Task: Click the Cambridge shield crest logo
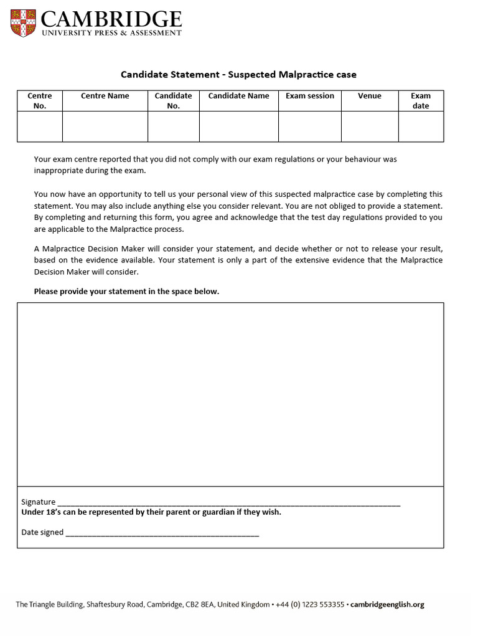(x=23, y=23)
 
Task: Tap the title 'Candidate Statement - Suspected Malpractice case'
(x=238, y=75)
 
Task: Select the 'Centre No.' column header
(x=40, y=101)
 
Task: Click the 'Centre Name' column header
(x=105, y=96)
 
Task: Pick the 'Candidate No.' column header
(x=173, y=101)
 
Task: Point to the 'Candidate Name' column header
(x=238, y=96)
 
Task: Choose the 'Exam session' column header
(x=309, y=96)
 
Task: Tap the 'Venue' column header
(x=370, y=96)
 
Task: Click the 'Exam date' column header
(x=421, y=101)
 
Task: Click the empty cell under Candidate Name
(x=238, y=127)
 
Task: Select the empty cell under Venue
(x=370, y=127)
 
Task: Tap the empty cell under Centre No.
(x=40, y=127)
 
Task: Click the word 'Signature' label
(x=38, y=502)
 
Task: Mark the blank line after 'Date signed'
(x=162, y=533)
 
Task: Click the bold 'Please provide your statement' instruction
(x=126, y=292)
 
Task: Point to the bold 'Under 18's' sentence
(x=151, y=512)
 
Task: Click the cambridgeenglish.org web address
(x=387, y=604)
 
